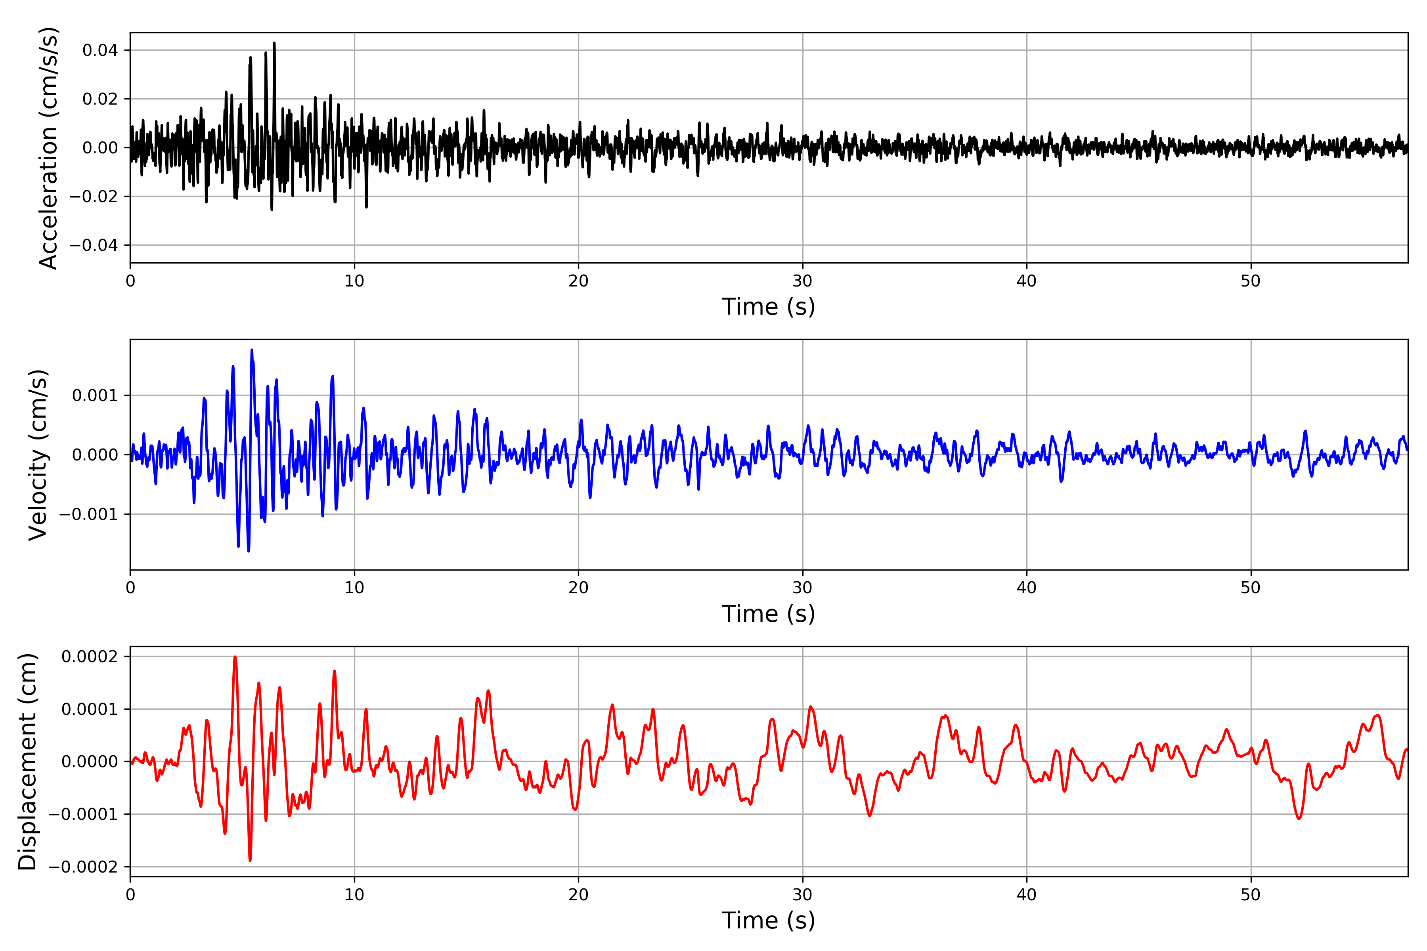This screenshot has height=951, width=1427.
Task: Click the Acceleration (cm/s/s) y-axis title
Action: pyautogui.click(x=48, y=148)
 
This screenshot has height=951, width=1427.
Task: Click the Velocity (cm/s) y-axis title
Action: pyautogui.click(x=38, y=455)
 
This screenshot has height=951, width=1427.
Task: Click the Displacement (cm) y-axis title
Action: pyautogui.click(x=28, y=762)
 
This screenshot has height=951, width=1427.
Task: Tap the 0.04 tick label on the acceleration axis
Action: pyautogui.click(x=100, y=50)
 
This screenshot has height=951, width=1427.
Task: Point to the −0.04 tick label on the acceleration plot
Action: pyautogui.click(x=94, y=246)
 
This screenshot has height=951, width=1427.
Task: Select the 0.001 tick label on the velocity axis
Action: pyautogui.click(x=95, y=396)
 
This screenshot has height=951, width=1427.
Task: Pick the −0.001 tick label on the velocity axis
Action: pyautogui.click(x=88, y=515)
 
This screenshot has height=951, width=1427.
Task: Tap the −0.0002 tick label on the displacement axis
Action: pyautogui.click(x=84, y=867)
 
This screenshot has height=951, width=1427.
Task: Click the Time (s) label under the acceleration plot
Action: pyautogui.click(x=768, y=307)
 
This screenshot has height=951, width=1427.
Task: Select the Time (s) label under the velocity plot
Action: pyautogui.click(x=768, y=614)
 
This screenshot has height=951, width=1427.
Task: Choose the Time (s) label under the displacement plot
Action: pyautogui.click(x=768, y=920)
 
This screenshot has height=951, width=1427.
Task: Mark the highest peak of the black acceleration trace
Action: pyautogui.click(x=274, y=43)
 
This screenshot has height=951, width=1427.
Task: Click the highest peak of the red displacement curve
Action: pyautogui.click(x=235, y=657)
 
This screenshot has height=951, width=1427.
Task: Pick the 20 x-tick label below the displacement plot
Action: pyautogui.click(x=578, y=895)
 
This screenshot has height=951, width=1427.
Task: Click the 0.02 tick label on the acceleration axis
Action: pyautogui.click(x=100, y=99)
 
